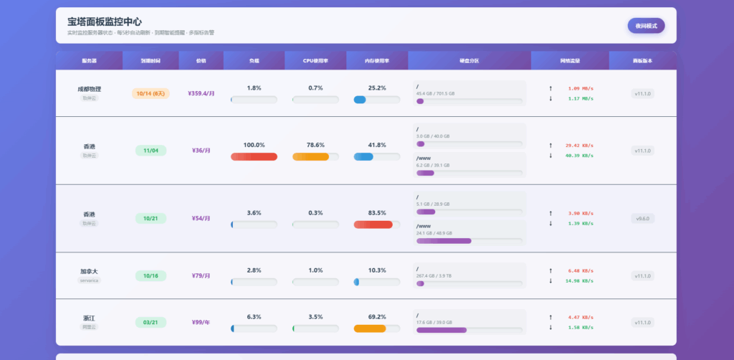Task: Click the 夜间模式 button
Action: point(646,26)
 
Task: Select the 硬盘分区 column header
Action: point(470,61)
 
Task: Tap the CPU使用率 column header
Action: point(315,61)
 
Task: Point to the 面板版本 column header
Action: point(642,61)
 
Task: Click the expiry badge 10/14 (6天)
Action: point(151,93)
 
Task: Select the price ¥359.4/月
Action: point(201,93)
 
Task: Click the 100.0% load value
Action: point(254,145)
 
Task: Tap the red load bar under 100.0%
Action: point(254,156)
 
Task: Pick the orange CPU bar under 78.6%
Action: point(311,156)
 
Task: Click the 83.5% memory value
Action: point(376,213)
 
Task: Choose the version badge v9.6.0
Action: point(642,218)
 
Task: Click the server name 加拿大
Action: point(89,272)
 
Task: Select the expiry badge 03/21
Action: point(151,323)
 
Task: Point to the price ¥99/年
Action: point(201,323)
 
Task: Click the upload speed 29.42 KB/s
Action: point(579,146)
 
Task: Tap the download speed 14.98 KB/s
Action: point(579,281)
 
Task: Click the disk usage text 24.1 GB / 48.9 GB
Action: point(434,232)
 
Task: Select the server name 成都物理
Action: point(89,89)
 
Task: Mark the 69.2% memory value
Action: point(376,317)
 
